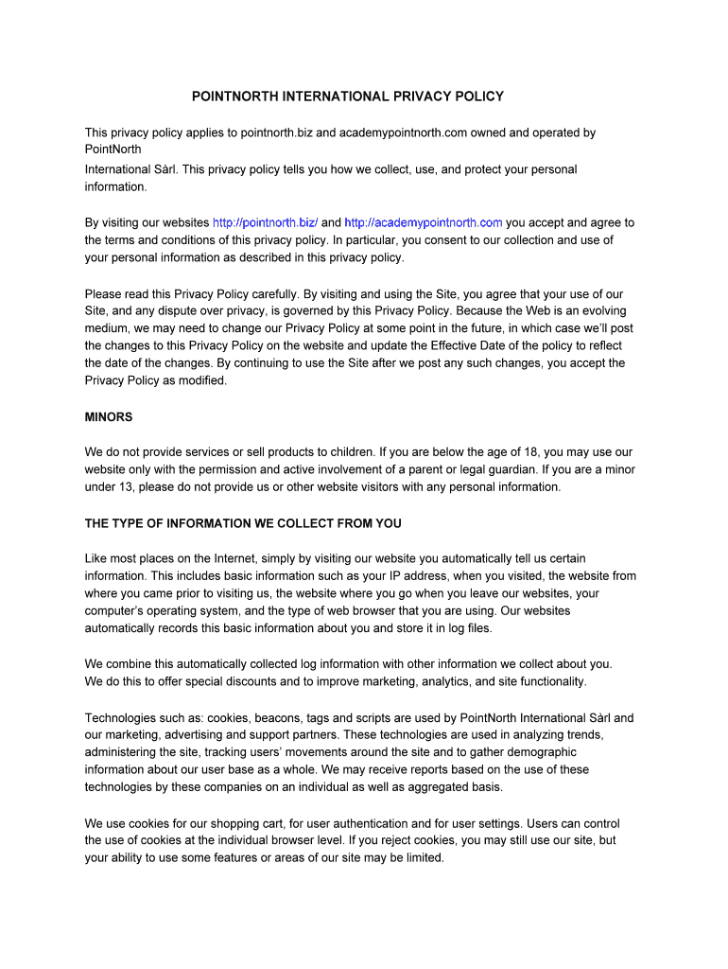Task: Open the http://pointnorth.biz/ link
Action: coord(265,222)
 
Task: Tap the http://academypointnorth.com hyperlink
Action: coord(423,222)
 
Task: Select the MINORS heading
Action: coord(109,416)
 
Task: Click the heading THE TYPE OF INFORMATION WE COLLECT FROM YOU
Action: coord(243,523)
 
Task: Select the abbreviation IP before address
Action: coord(402,575)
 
